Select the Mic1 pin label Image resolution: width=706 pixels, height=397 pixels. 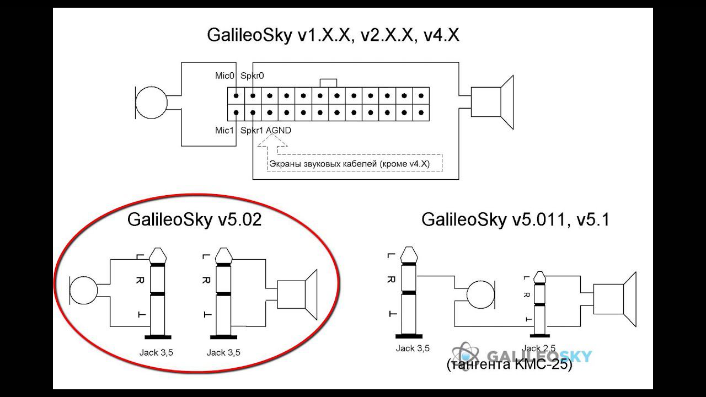coord(224,131)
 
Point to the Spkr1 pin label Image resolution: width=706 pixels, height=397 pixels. coord(252,131)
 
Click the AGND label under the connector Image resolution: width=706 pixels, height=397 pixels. coord(279,131)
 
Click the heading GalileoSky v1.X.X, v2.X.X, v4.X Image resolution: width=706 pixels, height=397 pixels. coord(333,35)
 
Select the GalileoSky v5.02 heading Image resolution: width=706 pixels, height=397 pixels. coord(194,220)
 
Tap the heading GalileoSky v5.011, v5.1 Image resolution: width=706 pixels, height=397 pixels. coord(515,219)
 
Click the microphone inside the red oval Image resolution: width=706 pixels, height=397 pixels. coord(83,291)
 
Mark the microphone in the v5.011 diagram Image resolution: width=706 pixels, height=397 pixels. coord(482,296)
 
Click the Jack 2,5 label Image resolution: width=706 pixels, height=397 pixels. coord(539,348)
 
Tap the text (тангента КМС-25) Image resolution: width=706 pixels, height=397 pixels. coord(509,364)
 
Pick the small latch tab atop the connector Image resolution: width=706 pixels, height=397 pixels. coord(328,83)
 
